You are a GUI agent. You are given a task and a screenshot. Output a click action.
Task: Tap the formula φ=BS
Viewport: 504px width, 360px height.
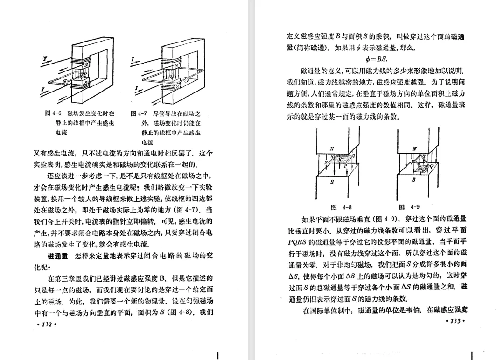[x=378, y=59]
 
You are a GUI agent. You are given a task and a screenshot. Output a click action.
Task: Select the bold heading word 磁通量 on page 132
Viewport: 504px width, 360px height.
[x=58, y=256]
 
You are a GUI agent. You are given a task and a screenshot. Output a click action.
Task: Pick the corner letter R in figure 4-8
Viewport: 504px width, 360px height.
[x=332, y=156]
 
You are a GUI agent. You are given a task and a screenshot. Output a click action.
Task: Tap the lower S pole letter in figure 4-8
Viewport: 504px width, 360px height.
[x=332, y=183]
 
